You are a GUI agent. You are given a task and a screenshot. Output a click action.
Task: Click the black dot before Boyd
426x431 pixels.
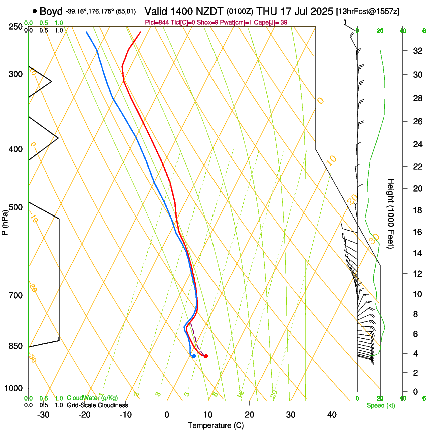[x=34, y=11]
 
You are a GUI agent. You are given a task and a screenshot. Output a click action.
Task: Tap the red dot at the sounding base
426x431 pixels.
[x=206, y=356]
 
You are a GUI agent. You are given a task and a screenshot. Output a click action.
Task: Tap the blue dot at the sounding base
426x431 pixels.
[x=194, y=356]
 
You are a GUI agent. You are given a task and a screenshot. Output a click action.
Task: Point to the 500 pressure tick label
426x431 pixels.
[x=16, y=207]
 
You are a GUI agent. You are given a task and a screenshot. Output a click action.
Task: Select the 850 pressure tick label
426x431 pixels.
[x=16, y=346]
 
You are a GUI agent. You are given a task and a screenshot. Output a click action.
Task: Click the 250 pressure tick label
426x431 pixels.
[x=16, y=27]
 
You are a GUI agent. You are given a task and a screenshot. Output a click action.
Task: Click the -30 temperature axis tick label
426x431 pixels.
[x=43, y=415]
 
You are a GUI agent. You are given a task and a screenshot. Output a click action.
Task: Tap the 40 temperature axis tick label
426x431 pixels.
[x=332, y=415]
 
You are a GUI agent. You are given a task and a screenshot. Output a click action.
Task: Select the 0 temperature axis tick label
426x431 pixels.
[x=167, y=415]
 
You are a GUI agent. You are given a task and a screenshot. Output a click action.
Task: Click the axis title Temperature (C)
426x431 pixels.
[x=216, y=425]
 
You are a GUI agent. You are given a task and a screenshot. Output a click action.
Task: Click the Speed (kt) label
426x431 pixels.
[x=380, y=405]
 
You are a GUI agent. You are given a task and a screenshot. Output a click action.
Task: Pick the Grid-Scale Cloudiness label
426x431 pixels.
[x=97, y=405]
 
